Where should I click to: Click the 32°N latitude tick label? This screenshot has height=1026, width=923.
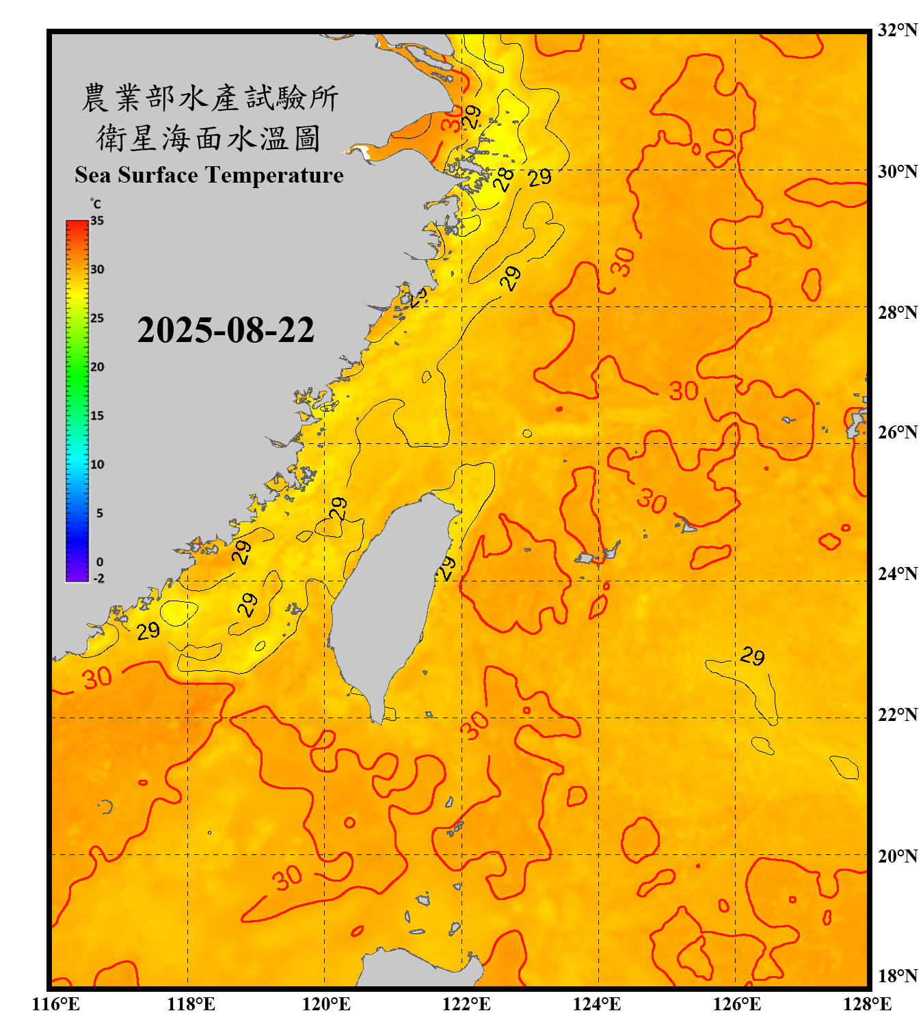click(x=897, y=30)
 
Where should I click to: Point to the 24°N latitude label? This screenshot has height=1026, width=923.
click(x=897, y=573)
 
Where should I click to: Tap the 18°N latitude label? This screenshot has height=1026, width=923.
click(x=897, y=976)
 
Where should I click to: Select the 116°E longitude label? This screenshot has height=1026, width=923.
click(x=56, y=1004)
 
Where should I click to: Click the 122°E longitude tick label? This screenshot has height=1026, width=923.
click(x=466, y=1004)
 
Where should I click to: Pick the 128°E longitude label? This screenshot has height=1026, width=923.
click(x=867, y=1004)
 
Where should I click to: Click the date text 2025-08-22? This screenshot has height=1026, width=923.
click(x=226, y=330)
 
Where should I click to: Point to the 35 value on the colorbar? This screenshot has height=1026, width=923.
click(x=97, y=221)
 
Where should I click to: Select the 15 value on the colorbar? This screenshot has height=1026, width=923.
click(x=97, y=416)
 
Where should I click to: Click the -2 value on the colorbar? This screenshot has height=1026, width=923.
click(x=98, y=579)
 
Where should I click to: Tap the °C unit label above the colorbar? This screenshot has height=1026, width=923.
click(x=96, y=204)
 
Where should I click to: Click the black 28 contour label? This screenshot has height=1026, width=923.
click(x=504, y=179)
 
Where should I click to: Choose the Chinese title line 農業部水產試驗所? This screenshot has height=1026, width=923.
click(x=210, y=98)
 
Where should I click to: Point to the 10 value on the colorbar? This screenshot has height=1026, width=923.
click(x=97, y=464)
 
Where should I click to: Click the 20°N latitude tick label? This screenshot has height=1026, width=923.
click(x=897, y=856)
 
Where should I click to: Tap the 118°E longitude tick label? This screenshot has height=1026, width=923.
click(x=191, y=1004)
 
